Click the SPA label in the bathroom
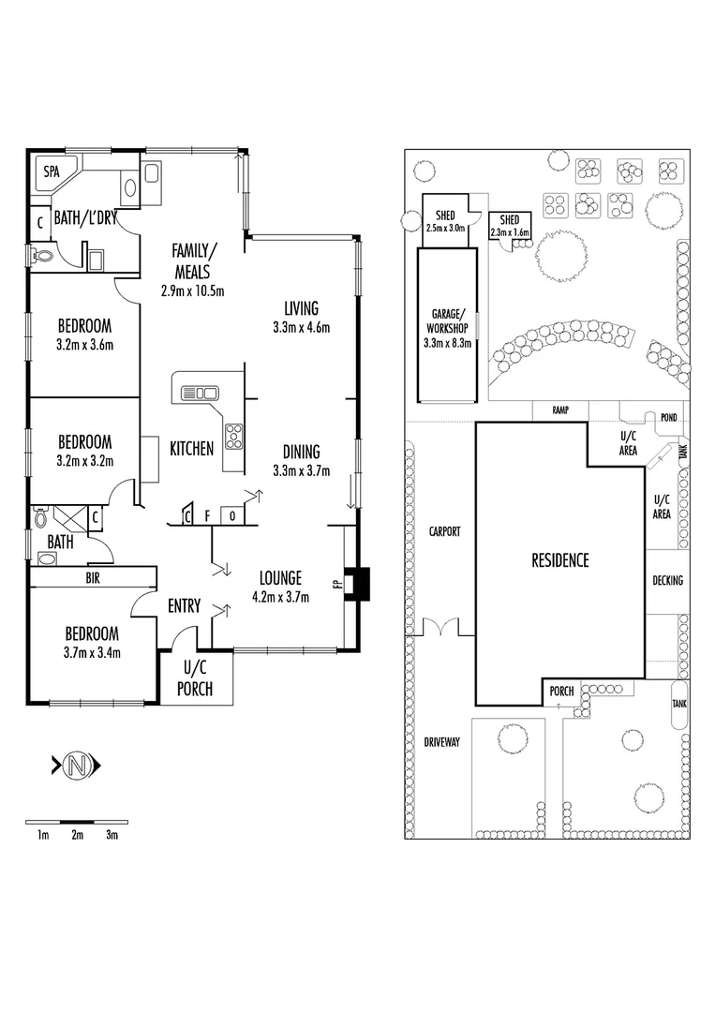click(x=52, y=171)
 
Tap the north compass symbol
click(x=77, y=766)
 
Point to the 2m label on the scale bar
click(x=78, y=835)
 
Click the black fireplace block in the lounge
click(x=358, y=584)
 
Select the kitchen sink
click(x=200, y=393)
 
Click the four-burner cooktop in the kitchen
click(x=233, y=436)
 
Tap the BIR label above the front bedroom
click(x=93, y=578)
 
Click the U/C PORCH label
click(x=194, y=678)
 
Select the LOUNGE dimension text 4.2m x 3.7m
click(x=281, y=597)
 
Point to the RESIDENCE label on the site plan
click(x=560, y=560)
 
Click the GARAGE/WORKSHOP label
click(x=447, y=320)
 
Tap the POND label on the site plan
click(x=668, y=418)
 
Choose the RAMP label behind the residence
click(x=560, y=409)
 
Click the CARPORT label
click(x=444, y=532)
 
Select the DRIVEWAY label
click(x=442, y=742)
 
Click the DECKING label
click(x=667, y=580)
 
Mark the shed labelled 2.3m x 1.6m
click(x=510, y=226)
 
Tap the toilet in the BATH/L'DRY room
click(x=42, y=256)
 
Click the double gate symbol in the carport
click(x=441, y=627)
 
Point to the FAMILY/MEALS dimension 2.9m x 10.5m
click(x=192, y=291)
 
